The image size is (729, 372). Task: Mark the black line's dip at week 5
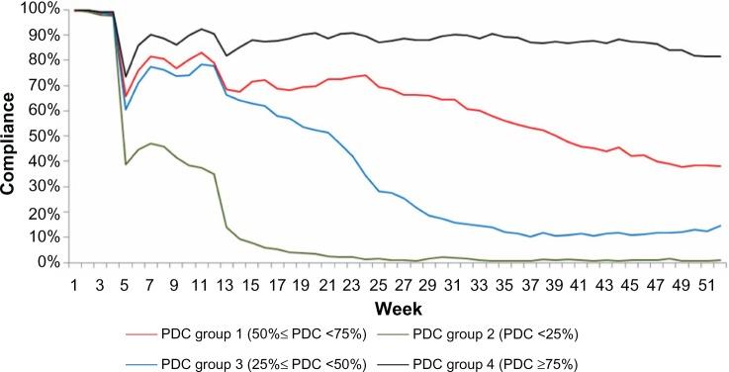coord(126,75)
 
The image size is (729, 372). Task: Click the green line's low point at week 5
coord(126,164)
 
